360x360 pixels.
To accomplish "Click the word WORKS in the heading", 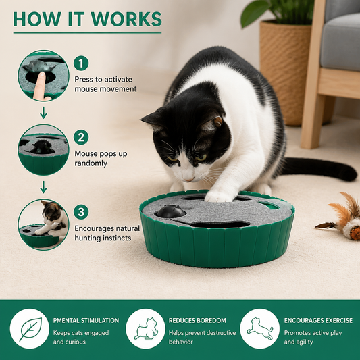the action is (126, 19).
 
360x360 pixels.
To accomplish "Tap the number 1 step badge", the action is (81, 63).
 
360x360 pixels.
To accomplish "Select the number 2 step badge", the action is (81, 137).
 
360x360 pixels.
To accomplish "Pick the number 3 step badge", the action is (81, 211).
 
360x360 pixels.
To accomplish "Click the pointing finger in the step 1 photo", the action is (40, 86).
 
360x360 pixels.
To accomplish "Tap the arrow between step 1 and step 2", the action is (43, 113).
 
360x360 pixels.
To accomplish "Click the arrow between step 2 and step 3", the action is (43, 187).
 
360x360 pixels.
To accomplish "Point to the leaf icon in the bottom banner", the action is (30, 329).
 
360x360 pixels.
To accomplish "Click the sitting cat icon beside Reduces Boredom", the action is (146, 329).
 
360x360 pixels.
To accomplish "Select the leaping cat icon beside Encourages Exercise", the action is (260, 328).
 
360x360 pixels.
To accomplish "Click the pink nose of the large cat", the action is (189, 178).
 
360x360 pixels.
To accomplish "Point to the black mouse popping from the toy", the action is (171, 211).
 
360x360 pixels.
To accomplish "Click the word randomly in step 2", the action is (91, 163).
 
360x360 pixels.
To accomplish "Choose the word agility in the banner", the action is (304, 342).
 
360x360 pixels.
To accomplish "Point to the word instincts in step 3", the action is (117, 238).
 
